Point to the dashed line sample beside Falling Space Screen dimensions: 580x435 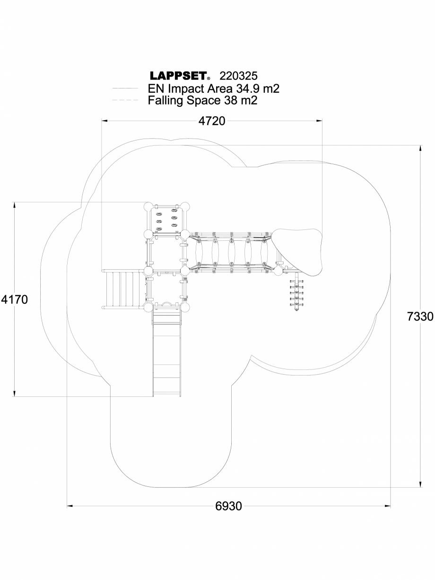click(125, 101)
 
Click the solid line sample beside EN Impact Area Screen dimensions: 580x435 click(125, 88)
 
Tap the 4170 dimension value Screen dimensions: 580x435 click(15, 299)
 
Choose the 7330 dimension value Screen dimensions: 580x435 click(420, 316)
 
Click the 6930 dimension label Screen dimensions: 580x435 click(228, 506)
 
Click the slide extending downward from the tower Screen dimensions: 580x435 click(166, 355)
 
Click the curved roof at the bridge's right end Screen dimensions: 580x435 click(298, 251)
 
